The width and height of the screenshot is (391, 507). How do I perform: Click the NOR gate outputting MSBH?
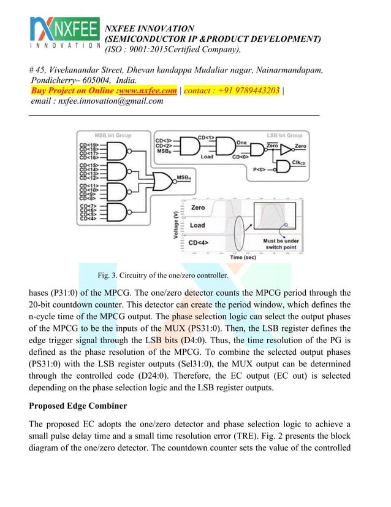(x=164, y=180)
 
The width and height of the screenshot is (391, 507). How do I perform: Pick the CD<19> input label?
(x=88, y=143)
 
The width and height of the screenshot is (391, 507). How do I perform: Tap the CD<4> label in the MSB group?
(x=88, y=219)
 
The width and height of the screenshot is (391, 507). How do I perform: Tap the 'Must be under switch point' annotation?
(x=281, y=245)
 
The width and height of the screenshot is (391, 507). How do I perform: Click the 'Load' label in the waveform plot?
(x=198, y=225)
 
